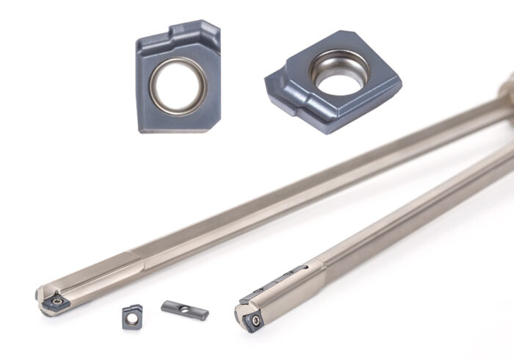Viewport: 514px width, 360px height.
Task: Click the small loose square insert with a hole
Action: point(132,316)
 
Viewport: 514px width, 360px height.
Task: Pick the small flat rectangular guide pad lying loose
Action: point(185,309)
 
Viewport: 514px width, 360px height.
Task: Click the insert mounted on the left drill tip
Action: point(56,301)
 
